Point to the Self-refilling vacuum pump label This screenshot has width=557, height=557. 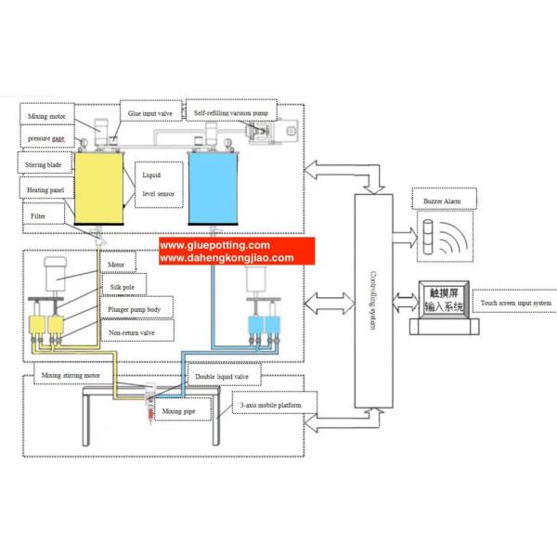[x=233, y=112]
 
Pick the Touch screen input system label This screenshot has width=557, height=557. [x=515, y=303]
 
